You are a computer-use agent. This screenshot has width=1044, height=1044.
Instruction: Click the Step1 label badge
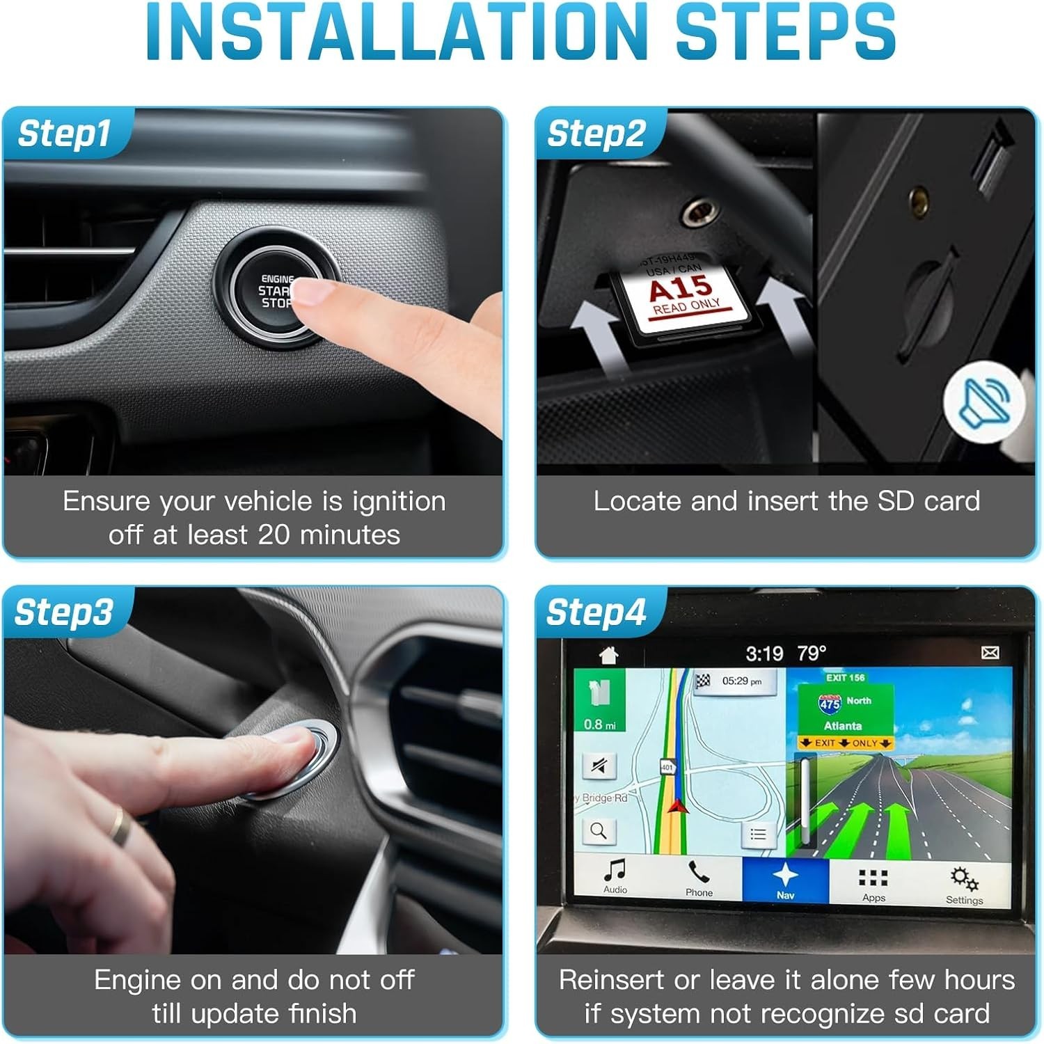coord(64,134)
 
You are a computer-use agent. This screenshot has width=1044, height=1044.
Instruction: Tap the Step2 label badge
coord(596,134)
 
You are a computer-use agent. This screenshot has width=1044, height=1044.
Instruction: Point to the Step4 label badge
coord(596,612)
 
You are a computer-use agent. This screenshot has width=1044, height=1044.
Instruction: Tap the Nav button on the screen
coord(785,880)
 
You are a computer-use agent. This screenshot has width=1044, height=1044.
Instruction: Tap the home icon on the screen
coord(609,654)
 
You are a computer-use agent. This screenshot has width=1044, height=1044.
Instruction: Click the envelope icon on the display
coord(990,652)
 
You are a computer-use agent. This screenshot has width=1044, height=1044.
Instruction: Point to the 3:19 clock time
coord(764,654)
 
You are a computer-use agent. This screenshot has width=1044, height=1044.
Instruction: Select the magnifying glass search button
coord(599,830)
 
